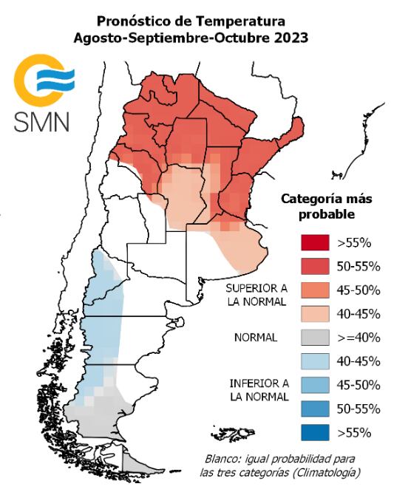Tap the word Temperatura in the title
click(242, 21)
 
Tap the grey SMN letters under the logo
click(41, 121)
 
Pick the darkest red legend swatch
click(313, 242)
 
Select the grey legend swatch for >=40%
click(313, 338)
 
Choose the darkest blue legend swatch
click(313, 433)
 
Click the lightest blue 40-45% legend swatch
click(313, 361)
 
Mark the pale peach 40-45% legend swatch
click(313, 313)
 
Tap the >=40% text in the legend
click(358, 338)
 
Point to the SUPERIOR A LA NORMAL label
click(256, 293)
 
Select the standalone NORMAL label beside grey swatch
click(255, 338)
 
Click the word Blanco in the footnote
click(222, 457)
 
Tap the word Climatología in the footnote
click(330, 471)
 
